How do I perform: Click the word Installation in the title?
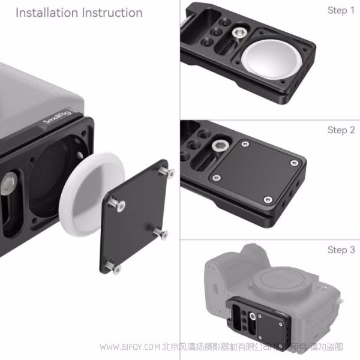click(46, 13)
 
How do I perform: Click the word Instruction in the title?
click(110, 13)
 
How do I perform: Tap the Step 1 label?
click(341, 11)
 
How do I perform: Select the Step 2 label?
click(341, 130)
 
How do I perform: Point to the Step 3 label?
click(341, 250)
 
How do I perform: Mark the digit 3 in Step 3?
click(352, 250)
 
